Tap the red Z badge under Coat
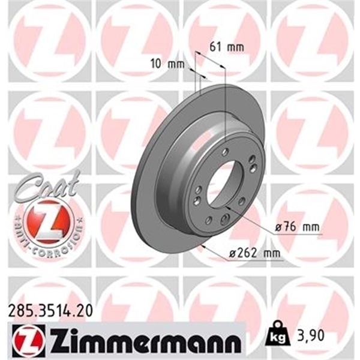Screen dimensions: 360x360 (x=49, y=220)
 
